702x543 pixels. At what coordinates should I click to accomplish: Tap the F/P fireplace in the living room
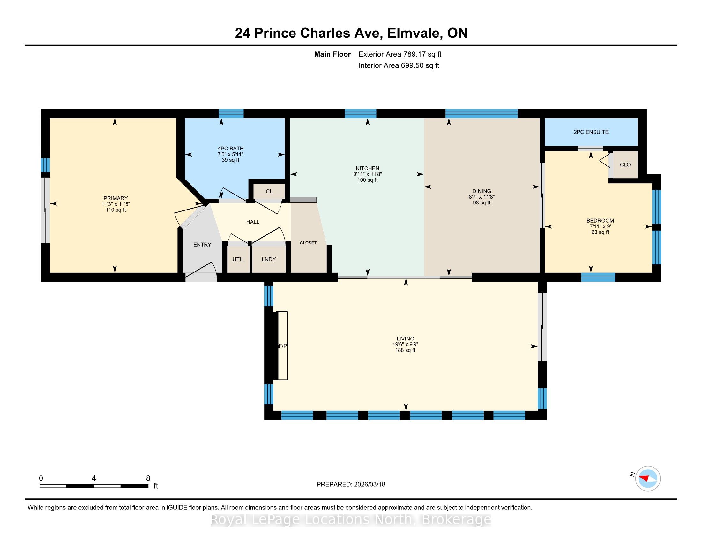point(280,346)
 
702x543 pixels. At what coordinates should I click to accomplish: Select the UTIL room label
point(238,259)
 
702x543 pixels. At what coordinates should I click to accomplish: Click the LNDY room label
point(269,259)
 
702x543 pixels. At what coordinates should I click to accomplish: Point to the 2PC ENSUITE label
point(591,132)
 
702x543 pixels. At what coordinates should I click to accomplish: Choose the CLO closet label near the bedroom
point(625,165)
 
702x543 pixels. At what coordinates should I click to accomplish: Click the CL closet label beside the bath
point(269,191)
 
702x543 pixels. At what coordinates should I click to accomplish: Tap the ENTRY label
point(202,244)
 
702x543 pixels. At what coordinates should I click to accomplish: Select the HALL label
point(253,222)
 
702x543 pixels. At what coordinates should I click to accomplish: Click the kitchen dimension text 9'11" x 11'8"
point(367,174)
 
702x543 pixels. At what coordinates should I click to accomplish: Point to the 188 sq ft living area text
point(405,350)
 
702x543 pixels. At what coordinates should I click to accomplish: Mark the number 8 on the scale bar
point(148,478)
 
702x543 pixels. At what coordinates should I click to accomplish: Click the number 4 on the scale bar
point(94,478)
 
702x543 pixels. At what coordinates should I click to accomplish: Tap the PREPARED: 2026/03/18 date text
point(351,484)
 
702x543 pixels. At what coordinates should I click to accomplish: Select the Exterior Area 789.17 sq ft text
point(400,54)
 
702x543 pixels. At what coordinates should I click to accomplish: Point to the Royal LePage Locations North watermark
point(351,519)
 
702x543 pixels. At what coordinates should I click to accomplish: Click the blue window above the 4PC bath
point(231,114)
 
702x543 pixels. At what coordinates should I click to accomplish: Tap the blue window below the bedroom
point(598,277)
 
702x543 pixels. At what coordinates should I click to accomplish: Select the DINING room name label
point(482,191)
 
